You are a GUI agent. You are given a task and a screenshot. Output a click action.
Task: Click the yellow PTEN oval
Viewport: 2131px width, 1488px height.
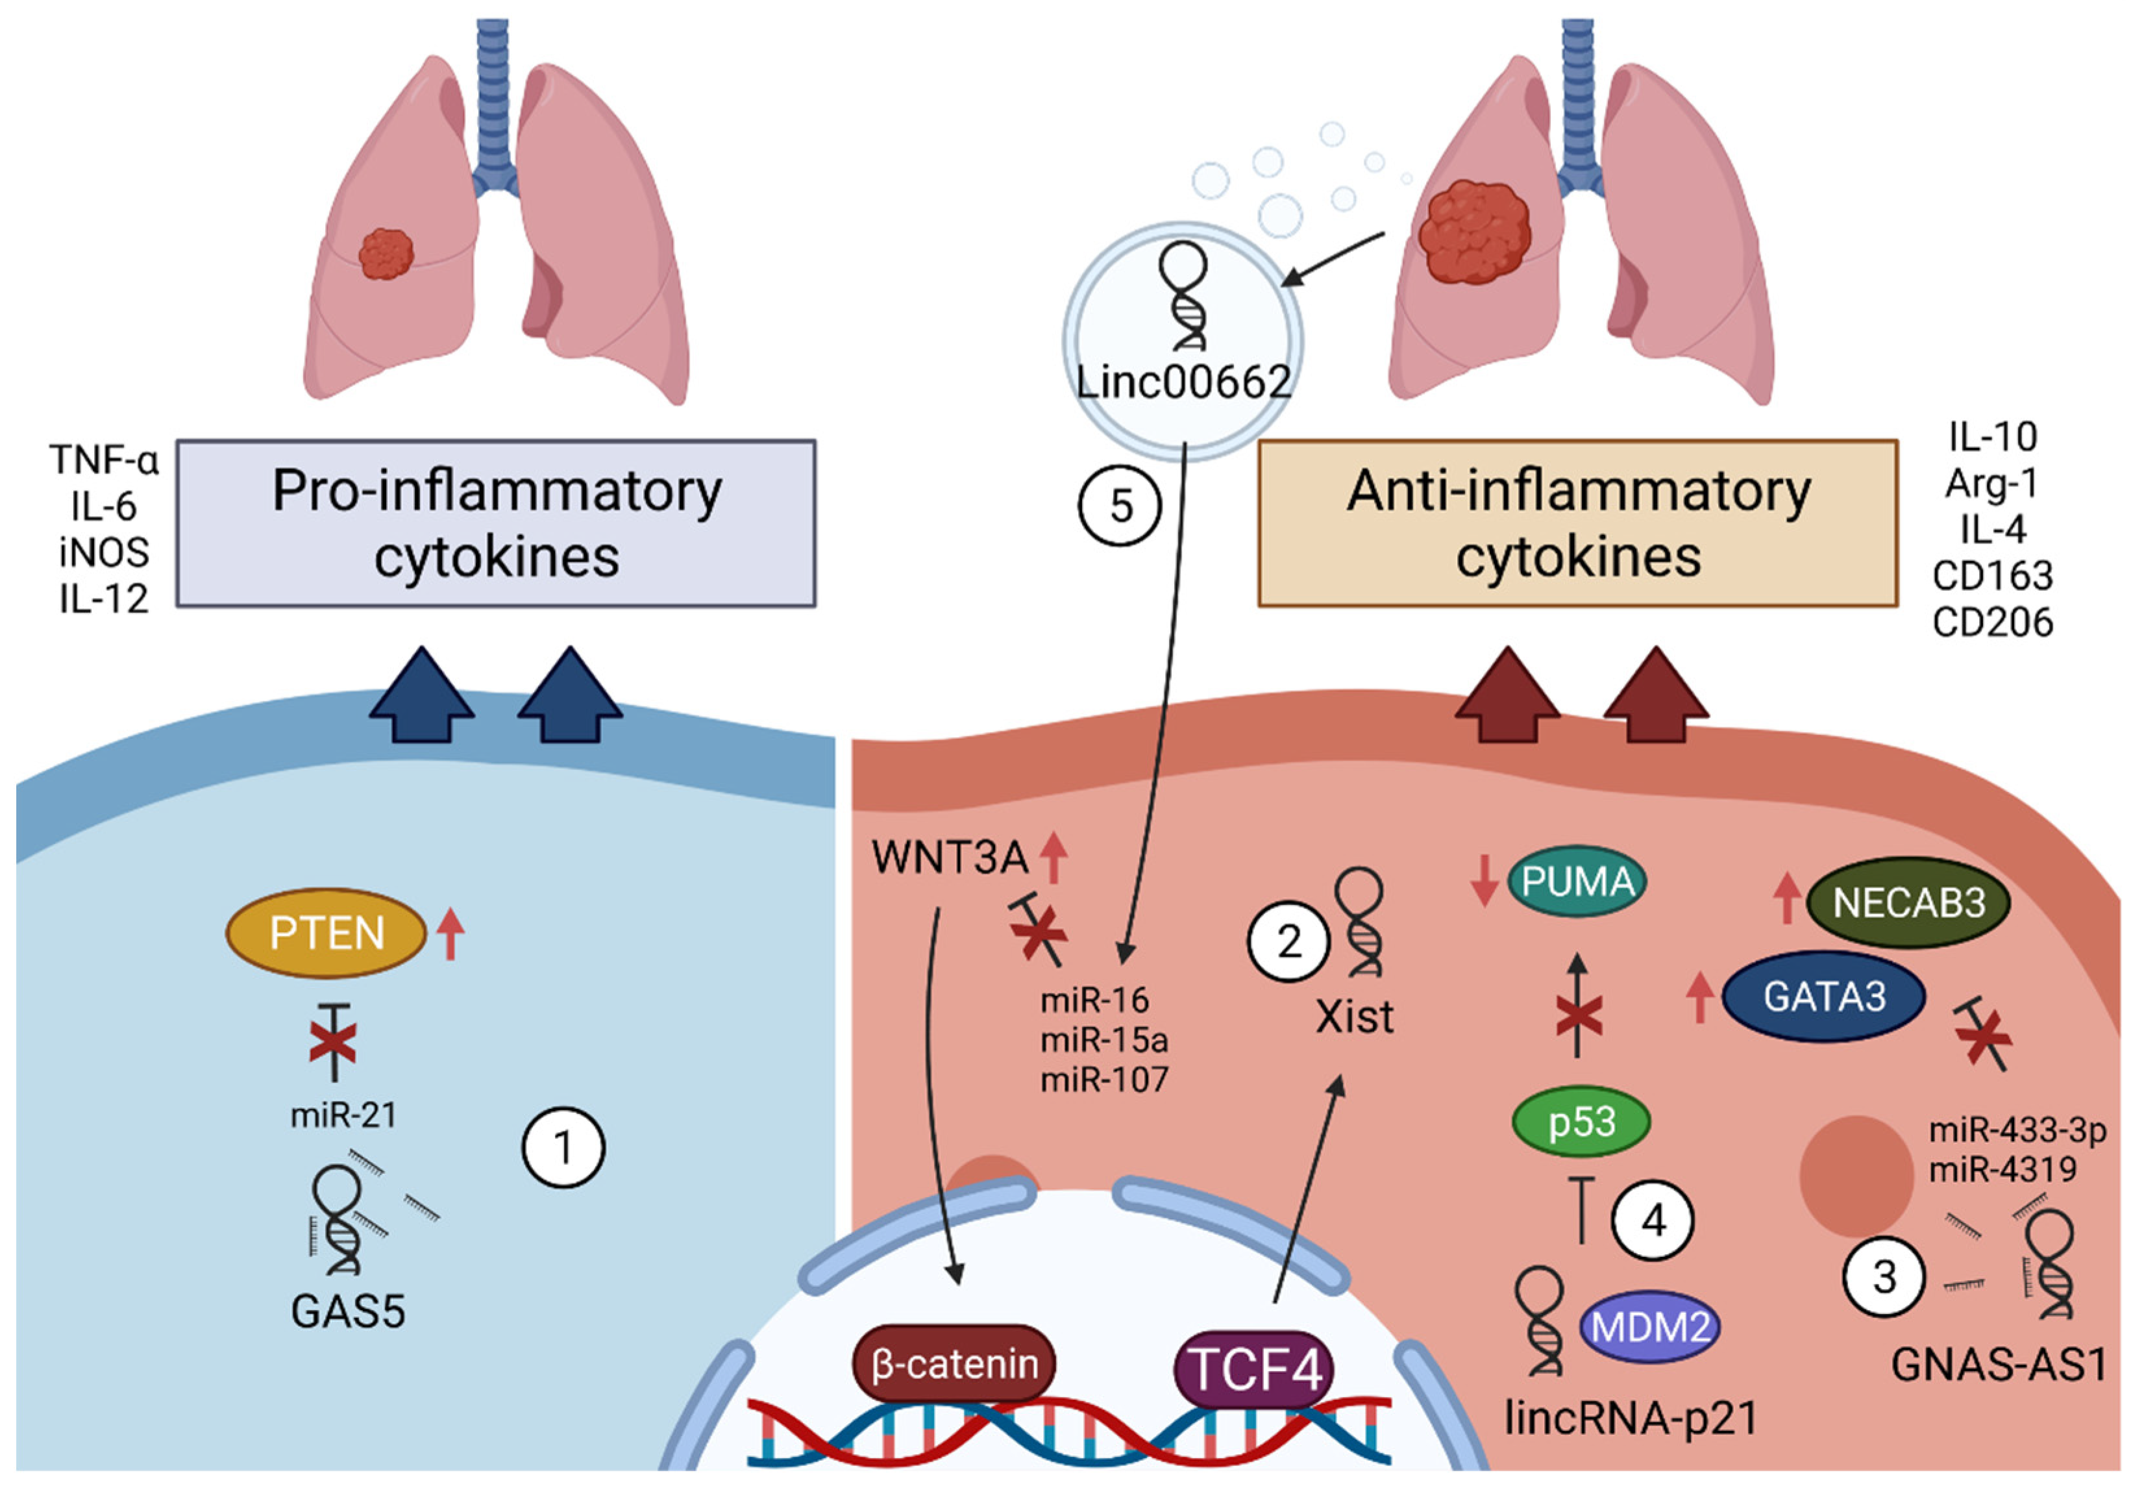pyautogui.click(x=326, y=933)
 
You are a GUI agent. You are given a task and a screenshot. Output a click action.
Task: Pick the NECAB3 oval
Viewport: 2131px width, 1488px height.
pyautogui.click(x=1908, y=902)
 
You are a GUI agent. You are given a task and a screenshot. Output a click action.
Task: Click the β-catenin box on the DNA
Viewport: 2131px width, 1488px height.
pyautogui.click(x=953, y=1363)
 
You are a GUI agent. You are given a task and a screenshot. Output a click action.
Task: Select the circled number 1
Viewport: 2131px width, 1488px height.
pyautogui.click(x=563, y=1148)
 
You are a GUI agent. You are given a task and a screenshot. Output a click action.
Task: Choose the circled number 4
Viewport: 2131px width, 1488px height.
pyautogui.click(x=1653, y=1221)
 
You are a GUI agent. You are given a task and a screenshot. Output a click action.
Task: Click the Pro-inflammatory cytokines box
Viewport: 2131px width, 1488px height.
pyautogui.click(x=497, y=523)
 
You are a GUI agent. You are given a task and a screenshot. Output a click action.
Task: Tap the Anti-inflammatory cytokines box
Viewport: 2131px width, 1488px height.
pyautogui.click(x=1578, y=523)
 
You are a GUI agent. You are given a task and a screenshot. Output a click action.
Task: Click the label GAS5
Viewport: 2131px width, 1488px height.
pyautogui.click(x=348, y=1311)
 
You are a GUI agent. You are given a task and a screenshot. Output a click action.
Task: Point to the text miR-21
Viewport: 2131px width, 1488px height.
pyautogui.click(x=343, y=1115)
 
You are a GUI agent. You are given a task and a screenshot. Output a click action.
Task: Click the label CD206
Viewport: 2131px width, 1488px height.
pyautogui.click(x=1993, y=622)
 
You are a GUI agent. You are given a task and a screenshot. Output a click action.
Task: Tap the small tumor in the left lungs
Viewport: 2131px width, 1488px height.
pyautogui.click(x=385, y=253)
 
